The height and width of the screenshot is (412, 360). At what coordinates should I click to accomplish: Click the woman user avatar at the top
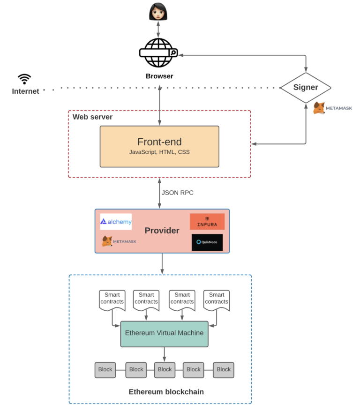coord(158,11)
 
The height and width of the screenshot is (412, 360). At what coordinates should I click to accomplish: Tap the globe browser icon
coord(158,52)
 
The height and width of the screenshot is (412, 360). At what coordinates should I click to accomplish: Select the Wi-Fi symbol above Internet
coord(24,79)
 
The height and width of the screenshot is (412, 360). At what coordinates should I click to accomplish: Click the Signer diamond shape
coord(306,87)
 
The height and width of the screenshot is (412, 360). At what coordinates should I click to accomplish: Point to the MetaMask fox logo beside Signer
coord(319,108)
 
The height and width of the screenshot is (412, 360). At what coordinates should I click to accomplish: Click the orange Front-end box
coord(159,146)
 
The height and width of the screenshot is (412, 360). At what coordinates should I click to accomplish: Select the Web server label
coord(92,117)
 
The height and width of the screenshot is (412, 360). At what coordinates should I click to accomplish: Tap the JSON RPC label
coord(178,193)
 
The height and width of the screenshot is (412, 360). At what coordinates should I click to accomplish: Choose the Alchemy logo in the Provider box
coord(116,222)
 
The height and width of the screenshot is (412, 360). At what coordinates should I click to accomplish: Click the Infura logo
coord(207,222)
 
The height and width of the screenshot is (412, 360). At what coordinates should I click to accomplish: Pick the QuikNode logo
coord(207,242)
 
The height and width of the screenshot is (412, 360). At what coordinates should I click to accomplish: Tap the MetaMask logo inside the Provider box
coord(119,241)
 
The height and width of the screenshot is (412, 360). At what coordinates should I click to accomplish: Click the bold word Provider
coord(162,231)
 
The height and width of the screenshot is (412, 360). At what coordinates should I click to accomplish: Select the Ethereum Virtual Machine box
coord(164,333)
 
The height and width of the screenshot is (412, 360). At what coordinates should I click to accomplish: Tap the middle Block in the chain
coord(165,369)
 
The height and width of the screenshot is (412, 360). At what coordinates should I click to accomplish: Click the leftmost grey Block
coord(105,369)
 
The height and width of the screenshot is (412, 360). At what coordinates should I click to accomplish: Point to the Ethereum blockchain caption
coord(166,392)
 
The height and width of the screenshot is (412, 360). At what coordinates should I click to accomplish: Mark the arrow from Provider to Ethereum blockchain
coord(162,264)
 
